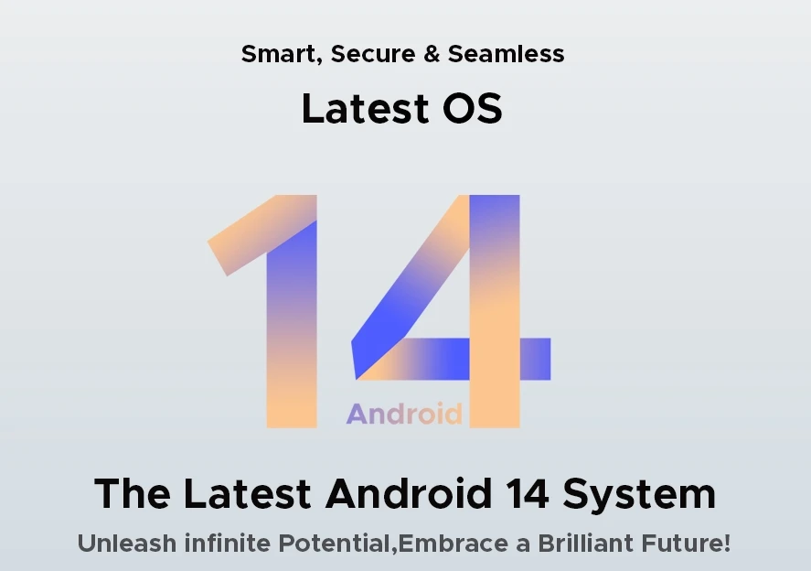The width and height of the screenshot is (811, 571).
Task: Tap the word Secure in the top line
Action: pyautogui.click(x=373, y=54)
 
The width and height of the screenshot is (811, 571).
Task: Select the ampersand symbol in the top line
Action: pyautogui.click(x=432, y=54)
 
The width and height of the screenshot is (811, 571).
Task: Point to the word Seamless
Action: pyautogui.click(x=506, y=54)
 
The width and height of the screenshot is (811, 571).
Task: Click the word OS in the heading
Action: pyautogui.click(x=472, y=108)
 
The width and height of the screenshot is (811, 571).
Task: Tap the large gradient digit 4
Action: pyautogui.click(x=495, y=310)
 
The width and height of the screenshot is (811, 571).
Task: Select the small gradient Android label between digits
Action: pyautogui.click(x=404, y=414)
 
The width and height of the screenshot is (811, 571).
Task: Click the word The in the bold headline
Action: pyautogui.click(x=133, y=493)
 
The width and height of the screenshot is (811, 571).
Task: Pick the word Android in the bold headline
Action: pyautogui.click(x=409, y=493)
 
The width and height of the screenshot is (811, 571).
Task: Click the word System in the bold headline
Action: pyautogui.click(x=639, y=494)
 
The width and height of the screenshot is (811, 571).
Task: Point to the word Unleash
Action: pyautogui.click(x=127, y=543)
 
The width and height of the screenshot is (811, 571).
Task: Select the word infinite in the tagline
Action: pyautogui.click(x=227, y=543)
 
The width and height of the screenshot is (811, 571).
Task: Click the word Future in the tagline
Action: pyautogui.click(x=681, y=543)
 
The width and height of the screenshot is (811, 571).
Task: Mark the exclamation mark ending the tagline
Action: pyautogui.click(x=727, y=543)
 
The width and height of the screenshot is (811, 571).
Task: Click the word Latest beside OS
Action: pyautogui.click(x=365, y=108)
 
